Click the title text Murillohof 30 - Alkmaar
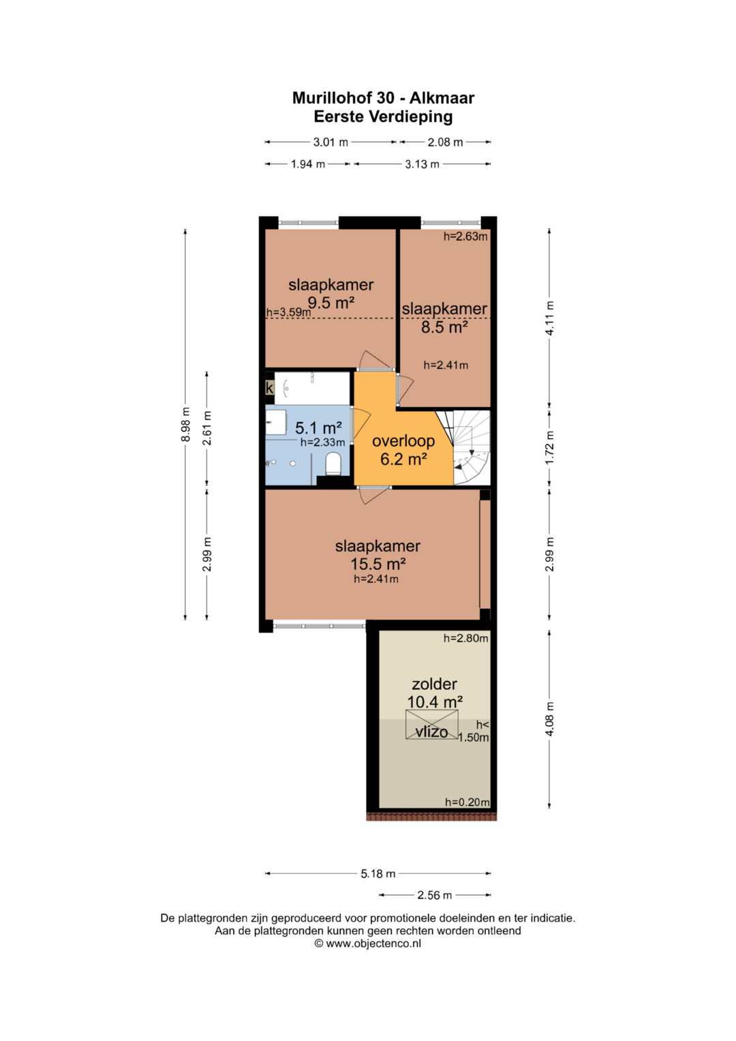383,98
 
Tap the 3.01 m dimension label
331,142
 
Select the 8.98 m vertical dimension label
185,424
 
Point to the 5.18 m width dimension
378,874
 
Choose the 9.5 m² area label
331,303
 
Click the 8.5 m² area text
444,327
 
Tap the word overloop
403,440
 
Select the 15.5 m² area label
378,564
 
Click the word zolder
435,684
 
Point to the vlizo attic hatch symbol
431,725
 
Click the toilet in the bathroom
333,464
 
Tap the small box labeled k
269,387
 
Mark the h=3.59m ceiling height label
288,312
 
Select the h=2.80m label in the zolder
465,638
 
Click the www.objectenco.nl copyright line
367,943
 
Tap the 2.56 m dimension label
435,895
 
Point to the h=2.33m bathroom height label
322,442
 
